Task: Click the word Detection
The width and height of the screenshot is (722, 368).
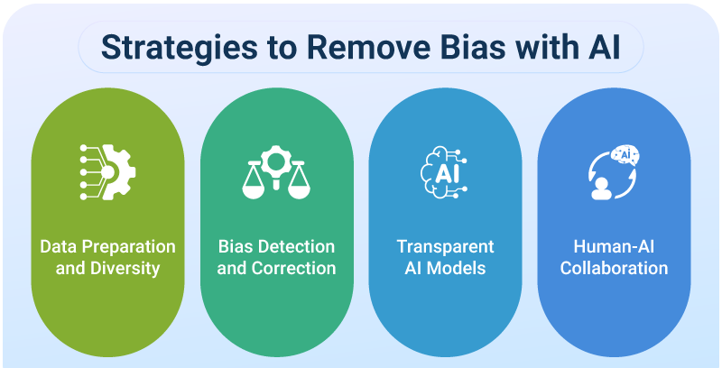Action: [299, 246]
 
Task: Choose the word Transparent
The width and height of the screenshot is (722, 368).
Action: [445, 246]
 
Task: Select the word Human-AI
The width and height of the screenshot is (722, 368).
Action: [614, 246]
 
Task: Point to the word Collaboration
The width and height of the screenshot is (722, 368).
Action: [614, 268]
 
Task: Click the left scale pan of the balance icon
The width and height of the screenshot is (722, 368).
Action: [253, 189]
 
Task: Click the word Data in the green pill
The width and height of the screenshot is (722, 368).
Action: [56, 246]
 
